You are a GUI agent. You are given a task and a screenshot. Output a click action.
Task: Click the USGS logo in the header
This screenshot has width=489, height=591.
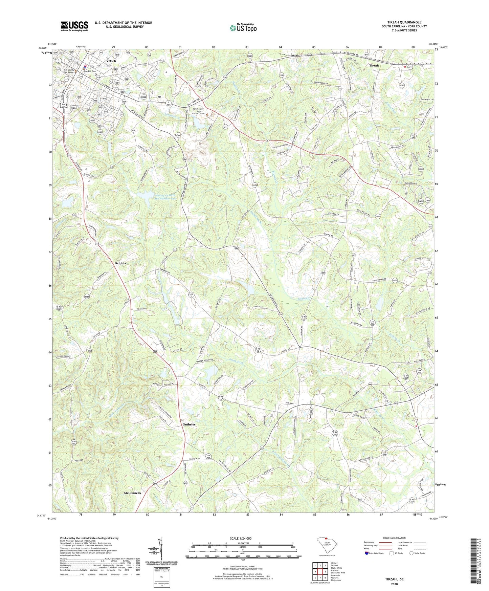(74, 26)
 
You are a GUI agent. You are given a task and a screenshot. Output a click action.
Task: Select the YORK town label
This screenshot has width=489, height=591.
(111, 61)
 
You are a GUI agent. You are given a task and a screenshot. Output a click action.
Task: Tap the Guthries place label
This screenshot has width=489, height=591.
(189, 424)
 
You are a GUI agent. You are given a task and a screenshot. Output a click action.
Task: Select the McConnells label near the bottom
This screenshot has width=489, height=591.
(132, 493)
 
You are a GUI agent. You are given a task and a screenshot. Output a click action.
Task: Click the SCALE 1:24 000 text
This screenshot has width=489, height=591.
(242, 538)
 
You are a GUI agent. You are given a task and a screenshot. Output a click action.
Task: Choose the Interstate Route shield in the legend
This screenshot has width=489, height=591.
(367, 553)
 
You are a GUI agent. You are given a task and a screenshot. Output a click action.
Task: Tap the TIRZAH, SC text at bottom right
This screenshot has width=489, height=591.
(394, 579)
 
